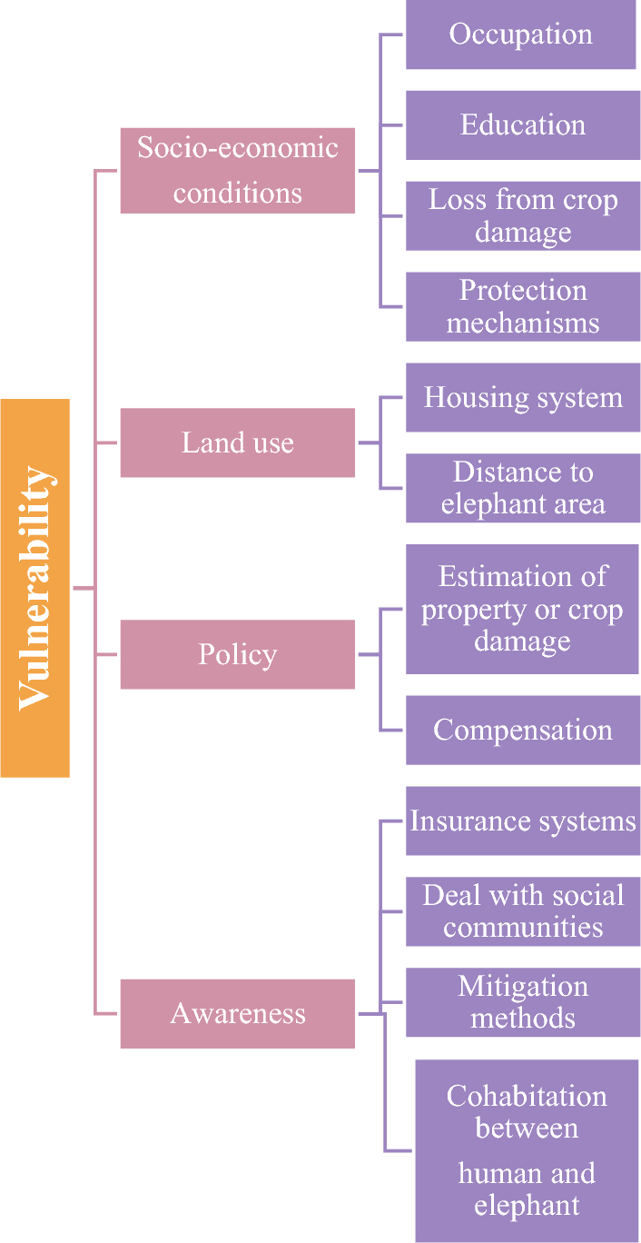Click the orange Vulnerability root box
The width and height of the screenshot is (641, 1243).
(x=35, y=588)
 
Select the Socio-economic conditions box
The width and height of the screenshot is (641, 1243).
(x=237, y=171)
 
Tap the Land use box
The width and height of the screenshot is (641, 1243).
(x=237, y=443)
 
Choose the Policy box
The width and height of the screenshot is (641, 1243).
(x=237, y=654)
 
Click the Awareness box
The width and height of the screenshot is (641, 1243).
(x=237, y=1013)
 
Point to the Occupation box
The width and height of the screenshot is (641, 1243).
(x=520, y=35)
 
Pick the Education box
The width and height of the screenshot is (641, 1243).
(x=522, y=124)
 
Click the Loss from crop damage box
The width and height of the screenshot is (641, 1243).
(x=522, y=215)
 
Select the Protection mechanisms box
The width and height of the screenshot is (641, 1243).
(x=522, y=306)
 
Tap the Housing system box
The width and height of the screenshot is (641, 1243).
(x=522, y=397)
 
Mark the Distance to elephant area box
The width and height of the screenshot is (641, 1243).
(x=522, y=488)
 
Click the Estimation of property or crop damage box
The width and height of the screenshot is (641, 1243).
(x=521, y=609)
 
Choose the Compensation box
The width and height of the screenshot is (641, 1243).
(x=522, y=730)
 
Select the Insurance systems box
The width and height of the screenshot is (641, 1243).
(x=522, y=820)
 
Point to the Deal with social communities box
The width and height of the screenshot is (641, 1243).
(x=522, y=911)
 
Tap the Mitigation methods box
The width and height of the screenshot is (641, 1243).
(x=522, y=1002)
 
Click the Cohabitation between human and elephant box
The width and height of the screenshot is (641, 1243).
(x=527, y=1150)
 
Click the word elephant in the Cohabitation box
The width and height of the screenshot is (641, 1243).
(x=527, y=1206)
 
